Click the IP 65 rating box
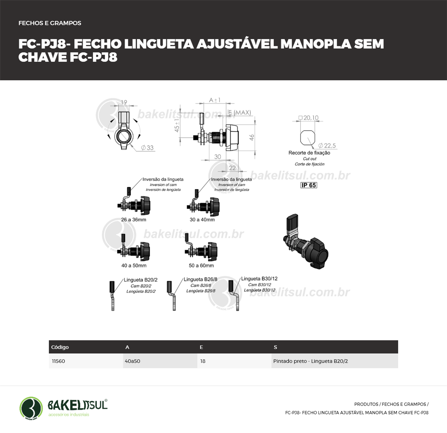308,185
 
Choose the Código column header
60,347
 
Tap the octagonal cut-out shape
308,138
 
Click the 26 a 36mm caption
133,220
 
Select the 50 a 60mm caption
201,265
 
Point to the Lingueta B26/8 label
200,279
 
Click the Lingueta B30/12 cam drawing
234,296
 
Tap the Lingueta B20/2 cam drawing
112,296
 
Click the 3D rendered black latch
304,241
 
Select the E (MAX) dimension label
240,112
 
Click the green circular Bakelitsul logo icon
31,408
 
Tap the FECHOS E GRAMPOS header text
50,23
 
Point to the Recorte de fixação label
309,153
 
